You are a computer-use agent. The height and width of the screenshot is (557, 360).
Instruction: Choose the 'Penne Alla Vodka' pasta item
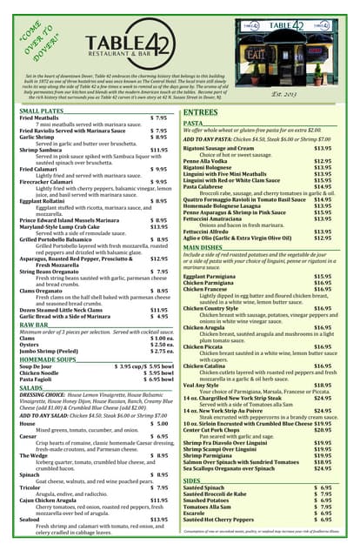coord(211,161)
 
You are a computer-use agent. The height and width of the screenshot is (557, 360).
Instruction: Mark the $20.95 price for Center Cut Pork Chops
coord(323,430)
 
